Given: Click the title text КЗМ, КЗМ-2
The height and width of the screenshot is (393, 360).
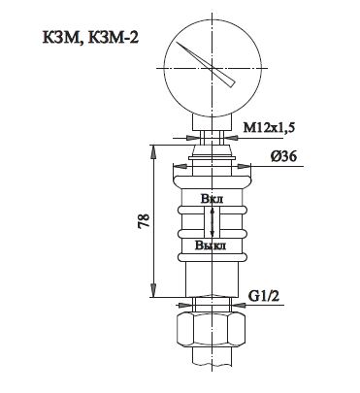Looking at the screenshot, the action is pyautogui.click(x=90, y=38).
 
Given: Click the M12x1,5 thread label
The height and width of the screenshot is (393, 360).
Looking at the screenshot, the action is pyautogui.click(x=269, y=128).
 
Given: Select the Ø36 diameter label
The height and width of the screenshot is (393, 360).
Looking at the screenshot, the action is pyautogui.click(x=283, y=156).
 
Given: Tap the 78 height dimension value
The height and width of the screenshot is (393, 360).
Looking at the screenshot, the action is pyautogui.click(x=145, y=221).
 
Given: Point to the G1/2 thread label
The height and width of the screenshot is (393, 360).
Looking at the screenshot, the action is pyautogui.click(x=264, y=295).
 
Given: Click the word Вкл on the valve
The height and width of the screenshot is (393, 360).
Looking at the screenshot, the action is pyautogui.click(x=212, y=199).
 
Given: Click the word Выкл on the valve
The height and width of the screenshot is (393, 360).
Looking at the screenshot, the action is pyautogui.click(x=211, y=246).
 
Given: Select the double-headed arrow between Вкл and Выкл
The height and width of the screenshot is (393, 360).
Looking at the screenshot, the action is pyautogui.click(x=213, y=222).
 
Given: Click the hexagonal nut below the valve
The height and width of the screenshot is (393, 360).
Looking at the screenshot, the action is pyautogui.click(x=212, y=330).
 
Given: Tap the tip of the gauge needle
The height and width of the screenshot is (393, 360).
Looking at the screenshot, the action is pyautogui.click(x=177, y=43).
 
